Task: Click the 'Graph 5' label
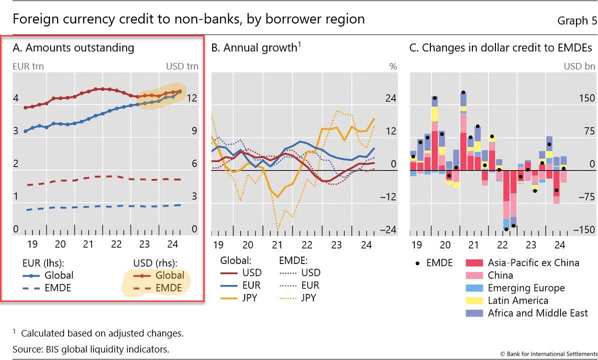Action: tap(577, 20)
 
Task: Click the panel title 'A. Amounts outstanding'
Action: tap(74, 47)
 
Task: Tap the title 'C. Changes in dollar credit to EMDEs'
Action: tap(500, 47)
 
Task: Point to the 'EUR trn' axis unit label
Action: tap(26, 66)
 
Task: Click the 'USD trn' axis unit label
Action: tap(182, 66)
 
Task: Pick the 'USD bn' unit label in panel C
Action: tap(579, 66)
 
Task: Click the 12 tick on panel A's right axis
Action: tap(192, 98)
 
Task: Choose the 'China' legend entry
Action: tap(500, 275)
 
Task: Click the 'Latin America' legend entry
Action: tap(518, 300)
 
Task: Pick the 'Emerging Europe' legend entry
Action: tap(526, 288)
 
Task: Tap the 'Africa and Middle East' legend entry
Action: tap(538, 313)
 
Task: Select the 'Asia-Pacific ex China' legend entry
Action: tap(533, 263)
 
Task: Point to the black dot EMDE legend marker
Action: tap(417, 263)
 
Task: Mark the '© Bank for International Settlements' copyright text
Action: tap(548, 354)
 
